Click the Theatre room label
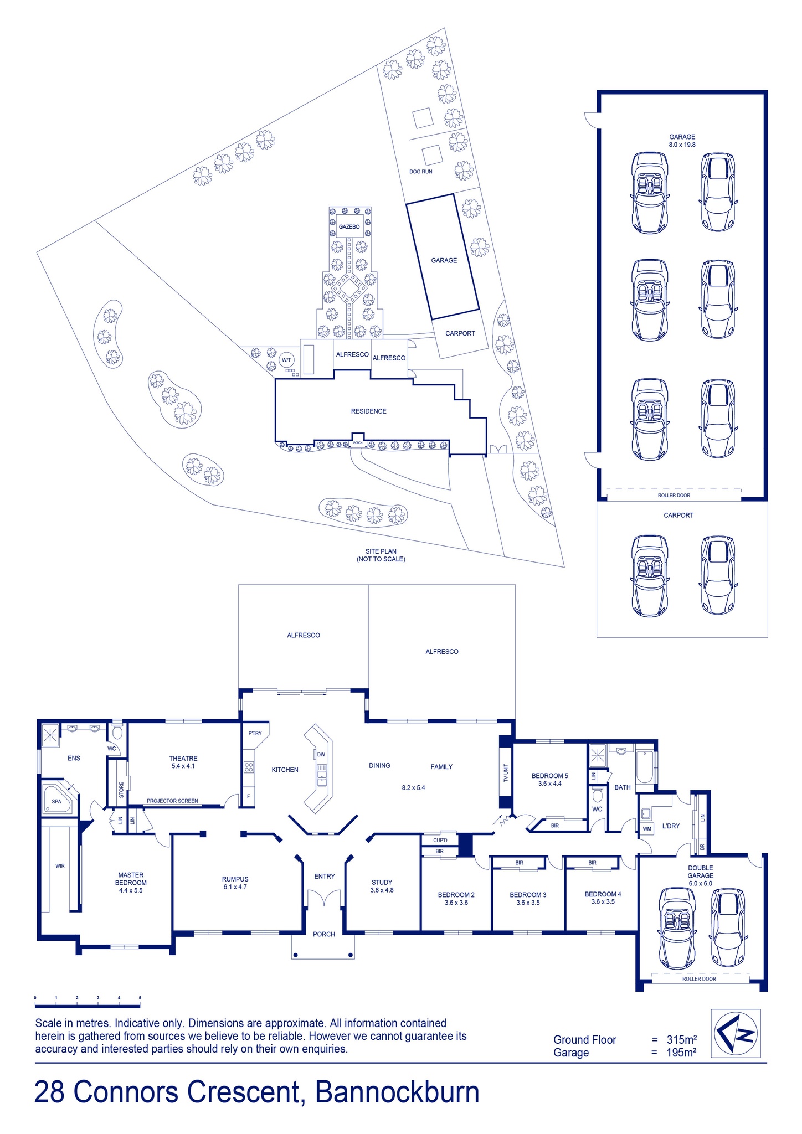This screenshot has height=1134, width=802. pyautogui.click(x=183, y=762)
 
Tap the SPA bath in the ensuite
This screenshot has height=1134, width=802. pyautogui.click(x=56, y=801)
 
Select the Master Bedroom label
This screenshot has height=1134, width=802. pyautogui.click(x=131, y=883)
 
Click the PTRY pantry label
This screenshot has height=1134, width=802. pyautogui.click(x=255, y=733)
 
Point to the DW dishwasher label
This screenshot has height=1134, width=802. pyautogui.click(x=321, y=754)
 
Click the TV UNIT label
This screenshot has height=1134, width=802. pyautogui.click(x=505, y=772)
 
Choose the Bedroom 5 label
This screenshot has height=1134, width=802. pyautogui.click(x=550, y=780)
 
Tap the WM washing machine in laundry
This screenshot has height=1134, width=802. pyautogui.click(x=646, y=829)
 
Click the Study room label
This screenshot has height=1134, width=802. pyautogui.click(x=382, y=886)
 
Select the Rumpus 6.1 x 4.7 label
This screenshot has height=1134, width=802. pyautogui.click(x=235, y=883)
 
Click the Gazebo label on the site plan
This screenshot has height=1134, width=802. pyautogui.click(x=349, y=227)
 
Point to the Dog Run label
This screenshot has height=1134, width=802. pyautogui.click(x=421, y=172)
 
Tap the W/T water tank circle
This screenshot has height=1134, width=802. pyautogui.click(x=286, y=360)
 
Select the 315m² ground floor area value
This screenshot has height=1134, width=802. pyautogui.click(x=681, y=1039)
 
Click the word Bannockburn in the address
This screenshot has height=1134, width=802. pyautogui.click(x=397, y=1092)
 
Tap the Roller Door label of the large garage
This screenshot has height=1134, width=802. pyautogui.click(x=674, y=496)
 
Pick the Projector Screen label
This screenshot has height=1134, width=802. pyautogui.click(x=172, y=801)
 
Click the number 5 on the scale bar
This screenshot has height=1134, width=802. pyautogui.click(x=140, y=998)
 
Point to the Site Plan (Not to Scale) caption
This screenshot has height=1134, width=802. pyautogui.click(x=381, y=555)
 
